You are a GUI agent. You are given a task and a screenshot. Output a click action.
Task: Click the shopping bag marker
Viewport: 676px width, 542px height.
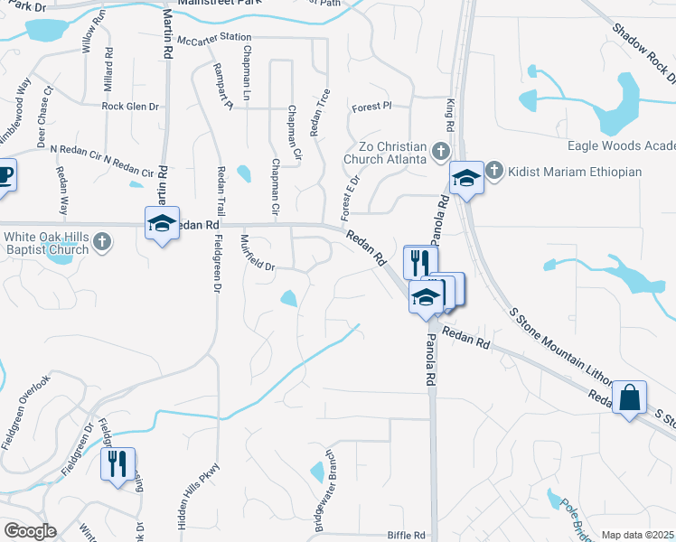(x=629, y=397)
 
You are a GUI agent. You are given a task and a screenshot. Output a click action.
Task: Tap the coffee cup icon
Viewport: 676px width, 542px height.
(x=4, y=173)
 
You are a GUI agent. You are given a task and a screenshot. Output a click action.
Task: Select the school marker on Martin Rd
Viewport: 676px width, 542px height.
(x=162, y=223)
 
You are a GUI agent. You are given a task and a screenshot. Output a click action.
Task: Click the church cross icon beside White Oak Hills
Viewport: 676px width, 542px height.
(x=103, y=241)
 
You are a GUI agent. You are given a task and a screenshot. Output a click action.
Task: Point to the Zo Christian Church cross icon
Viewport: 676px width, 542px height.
(x=440, y=151)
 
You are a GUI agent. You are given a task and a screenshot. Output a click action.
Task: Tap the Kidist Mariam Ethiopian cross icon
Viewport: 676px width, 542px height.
(x=494, y=170)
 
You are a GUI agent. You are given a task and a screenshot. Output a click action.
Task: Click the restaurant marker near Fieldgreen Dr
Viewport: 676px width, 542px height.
(x=117, y=464)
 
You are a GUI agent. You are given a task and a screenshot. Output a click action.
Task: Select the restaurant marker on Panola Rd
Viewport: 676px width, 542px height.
(x=420, y=262)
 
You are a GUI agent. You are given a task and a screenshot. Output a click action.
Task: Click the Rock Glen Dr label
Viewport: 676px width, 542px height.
(x=130, y=106)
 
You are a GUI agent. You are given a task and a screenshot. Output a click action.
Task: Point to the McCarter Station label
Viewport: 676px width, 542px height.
(x=214, y=39)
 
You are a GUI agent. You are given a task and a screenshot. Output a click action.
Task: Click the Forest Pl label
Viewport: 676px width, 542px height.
(x=371, y=106)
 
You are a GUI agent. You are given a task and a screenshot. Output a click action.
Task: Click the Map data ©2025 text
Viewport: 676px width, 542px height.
(x=637, y=535)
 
